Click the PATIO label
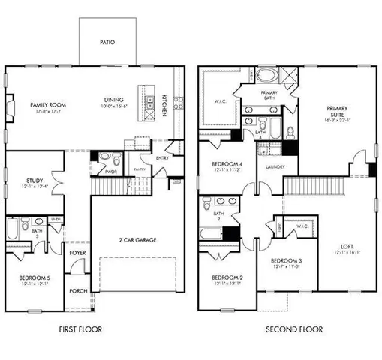107,43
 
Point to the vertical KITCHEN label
165,104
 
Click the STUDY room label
32,180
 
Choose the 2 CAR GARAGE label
137,240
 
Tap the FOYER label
77,253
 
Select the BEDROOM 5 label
35,278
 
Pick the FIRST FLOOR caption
80,329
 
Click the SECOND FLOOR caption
294,329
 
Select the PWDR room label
111,171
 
